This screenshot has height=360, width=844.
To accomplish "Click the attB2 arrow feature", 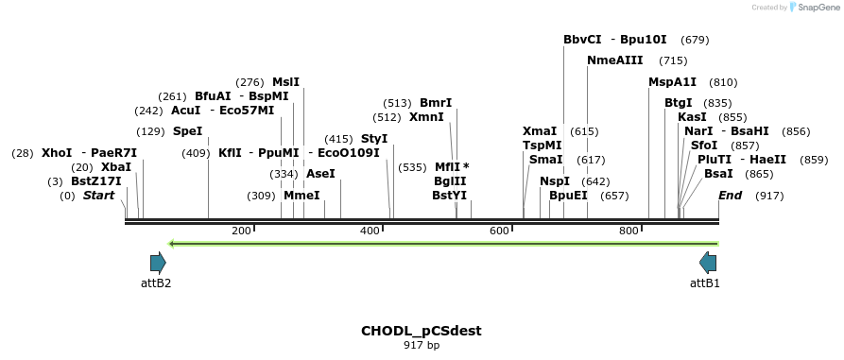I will [158, 263].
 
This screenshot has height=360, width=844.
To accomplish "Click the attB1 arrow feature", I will [707, 263].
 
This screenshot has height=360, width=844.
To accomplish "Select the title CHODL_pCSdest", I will [421, 331].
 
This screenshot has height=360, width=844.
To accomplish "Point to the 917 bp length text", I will [421, 346].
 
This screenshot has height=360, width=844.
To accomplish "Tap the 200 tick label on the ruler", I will [241, 231].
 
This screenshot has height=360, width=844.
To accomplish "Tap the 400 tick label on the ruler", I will [370, 231].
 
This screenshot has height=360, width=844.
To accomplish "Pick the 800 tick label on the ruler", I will [629, 231].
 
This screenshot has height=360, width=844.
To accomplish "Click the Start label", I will [98, 196].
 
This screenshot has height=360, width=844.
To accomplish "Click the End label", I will [730, 196].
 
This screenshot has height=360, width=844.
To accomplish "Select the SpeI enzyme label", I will [187, 131].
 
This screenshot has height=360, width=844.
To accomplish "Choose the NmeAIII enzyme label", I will [614, 60].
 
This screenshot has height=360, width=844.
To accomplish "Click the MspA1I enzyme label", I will [672, 82].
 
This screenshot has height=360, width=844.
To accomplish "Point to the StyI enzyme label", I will [374, 139].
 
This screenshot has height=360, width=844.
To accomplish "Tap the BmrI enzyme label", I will [436, 103].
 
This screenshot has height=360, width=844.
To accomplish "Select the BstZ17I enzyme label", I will [95, 181].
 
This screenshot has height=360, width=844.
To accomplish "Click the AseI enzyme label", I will [320, 174].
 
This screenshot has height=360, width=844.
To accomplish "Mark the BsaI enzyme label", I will [718, 174].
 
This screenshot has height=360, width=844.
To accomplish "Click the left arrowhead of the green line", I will [171, 244].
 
